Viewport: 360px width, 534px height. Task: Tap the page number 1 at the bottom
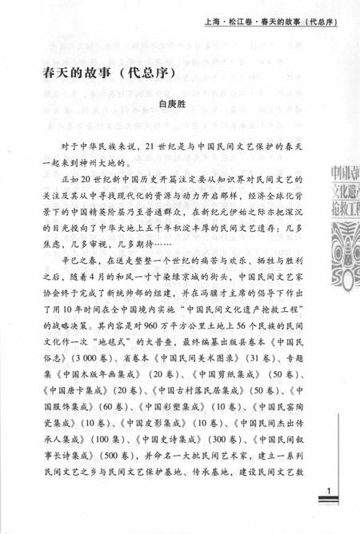tap(318, 489)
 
